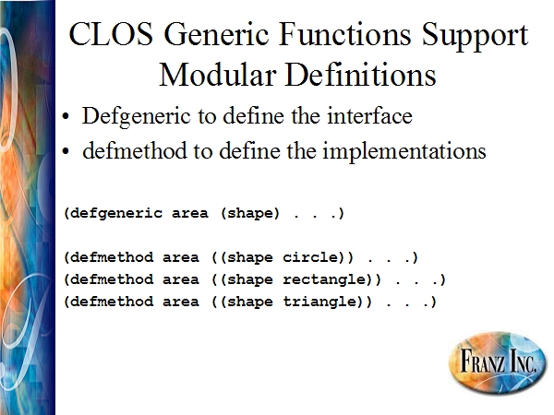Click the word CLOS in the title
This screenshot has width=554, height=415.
pyautogui.click(x=111, y=34)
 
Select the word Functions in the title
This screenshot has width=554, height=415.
pyautogui.click(x=344, y=34)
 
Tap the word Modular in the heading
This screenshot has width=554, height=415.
pyautogui.click(x=218, y=76)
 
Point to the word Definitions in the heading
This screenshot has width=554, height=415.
pyautogui.click(x=361, y=76)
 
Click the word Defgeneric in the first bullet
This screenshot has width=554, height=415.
pyautogui.click(x=137, y=116)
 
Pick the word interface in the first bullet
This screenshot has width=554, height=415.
pyautogui.click(x=369, y=116)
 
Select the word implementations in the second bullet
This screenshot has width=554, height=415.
pyautogui.click(x=404, y=152)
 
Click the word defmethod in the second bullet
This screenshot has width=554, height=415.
pyautogui.click(x=135, y=150)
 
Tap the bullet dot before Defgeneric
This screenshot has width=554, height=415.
pyautogui.click(x=66, y=116)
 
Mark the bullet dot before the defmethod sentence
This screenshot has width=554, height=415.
pyautogui.click(x=66, y=151)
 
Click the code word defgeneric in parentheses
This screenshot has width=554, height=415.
pyautogui.click(x=116, y=214)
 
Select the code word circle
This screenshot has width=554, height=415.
pyautogui.click(x=310, y=257)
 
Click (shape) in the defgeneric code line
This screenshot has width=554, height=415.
pyautogui.click(x=250, y=214)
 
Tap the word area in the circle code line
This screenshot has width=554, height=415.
pyautogui.click(x=181, y=257)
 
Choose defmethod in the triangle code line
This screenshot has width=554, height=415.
pyautogui.click(x=112, y=302)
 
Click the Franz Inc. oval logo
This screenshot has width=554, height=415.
pyautogui.click(x=498, y=362)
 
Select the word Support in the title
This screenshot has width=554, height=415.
pyautogui.click(x=476, y=36)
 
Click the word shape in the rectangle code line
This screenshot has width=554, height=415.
pyautogui.click(x=250, y=280)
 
